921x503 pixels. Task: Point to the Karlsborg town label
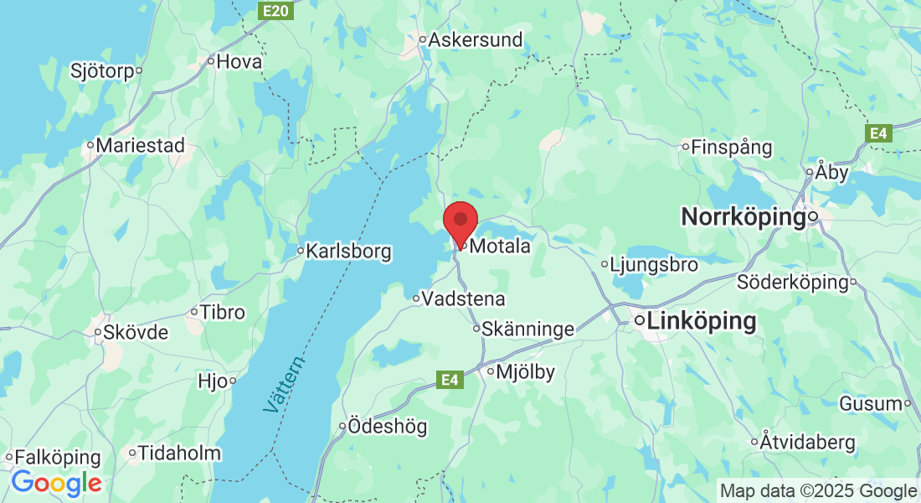(x=348, y=251)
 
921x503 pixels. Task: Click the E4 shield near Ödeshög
(x=450, y=381)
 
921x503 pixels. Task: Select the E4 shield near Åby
(x=877, y=133)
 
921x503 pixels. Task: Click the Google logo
(x=56, y=483)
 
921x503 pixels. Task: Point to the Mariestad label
(x=140, y=145)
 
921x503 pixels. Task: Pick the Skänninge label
(x=528, y=329)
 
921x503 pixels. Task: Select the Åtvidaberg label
(x=807, y=441)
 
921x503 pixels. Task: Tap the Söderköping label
(x=792, y=282)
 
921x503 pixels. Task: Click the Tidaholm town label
(x=179, y=454)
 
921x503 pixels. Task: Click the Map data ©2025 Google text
(x=818, y=490)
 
